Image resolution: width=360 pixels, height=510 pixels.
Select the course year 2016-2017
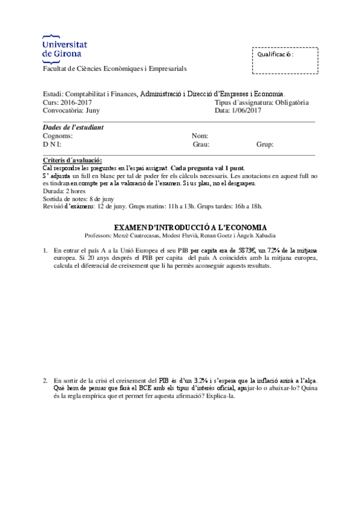[75, 102]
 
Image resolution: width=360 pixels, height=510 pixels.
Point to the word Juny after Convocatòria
[93, 110]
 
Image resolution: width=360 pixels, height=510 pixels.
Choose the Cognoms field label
[58, 136]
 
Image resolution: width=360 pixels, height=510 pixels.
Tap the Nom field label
[200, 136]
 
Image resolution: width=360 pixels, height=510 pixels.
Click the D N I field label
[52, 144]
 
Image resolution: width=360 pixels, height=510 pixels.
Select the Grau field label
[200, 144]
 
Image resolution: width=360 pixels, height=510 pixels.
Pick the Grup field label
[265, 144]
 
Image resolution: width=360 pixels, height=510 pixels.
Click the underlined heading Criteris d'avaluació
[73, 160]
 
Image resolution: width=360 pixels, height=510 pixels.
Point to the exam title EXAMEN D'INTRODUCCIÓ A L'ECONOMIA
[180, 227]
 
